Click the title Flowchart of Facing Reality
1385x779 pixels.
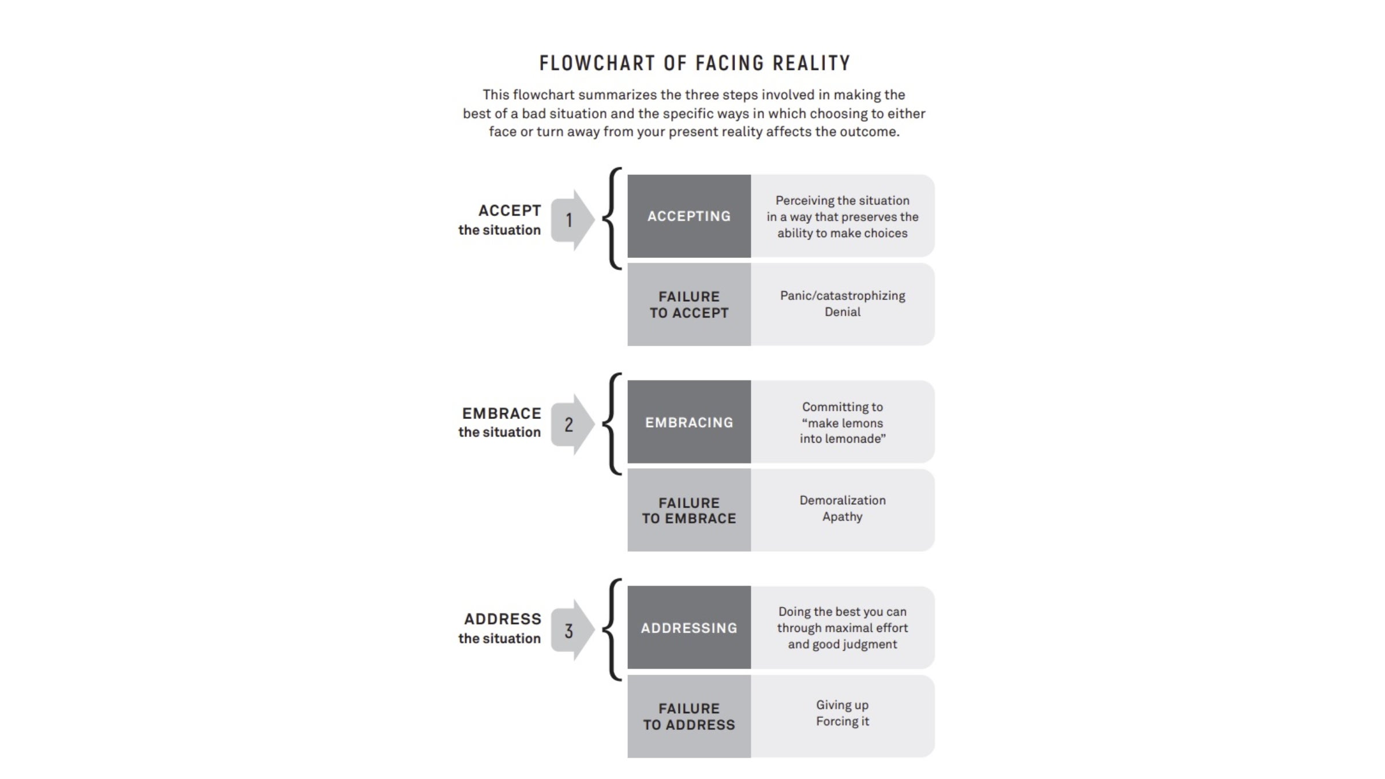coord(694,63)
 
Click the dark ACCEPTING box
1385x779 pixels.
coord(689,216)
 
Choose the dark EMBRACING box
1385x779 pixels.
coord(689,422)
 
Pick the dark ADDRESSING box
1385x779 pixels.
coord(689,628)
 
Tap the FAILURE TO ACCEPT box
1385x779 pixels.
coord(689,305)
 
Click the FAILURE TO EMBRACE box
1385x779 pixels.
coord(689,511)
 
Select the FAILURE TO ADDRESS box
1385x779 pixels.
coord(689,717)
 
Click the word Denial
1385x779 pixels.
coord(842,312)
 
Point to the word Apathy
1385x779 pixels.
coord(842,516)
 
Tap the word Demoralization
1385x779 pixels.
coord(842,500)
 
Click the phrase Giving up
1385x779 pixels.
coord(842,705)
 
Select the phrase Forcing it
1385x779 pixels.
coord(842,721)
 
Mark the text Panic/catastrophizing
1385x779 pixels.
coord(842,295)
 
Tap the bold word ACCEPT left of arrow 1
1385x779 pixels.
coord(510,211)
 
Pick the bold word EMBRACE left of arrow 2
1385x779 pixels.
coord(501,414)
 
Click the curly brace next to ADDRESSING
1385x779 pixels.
coord(612,630)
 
